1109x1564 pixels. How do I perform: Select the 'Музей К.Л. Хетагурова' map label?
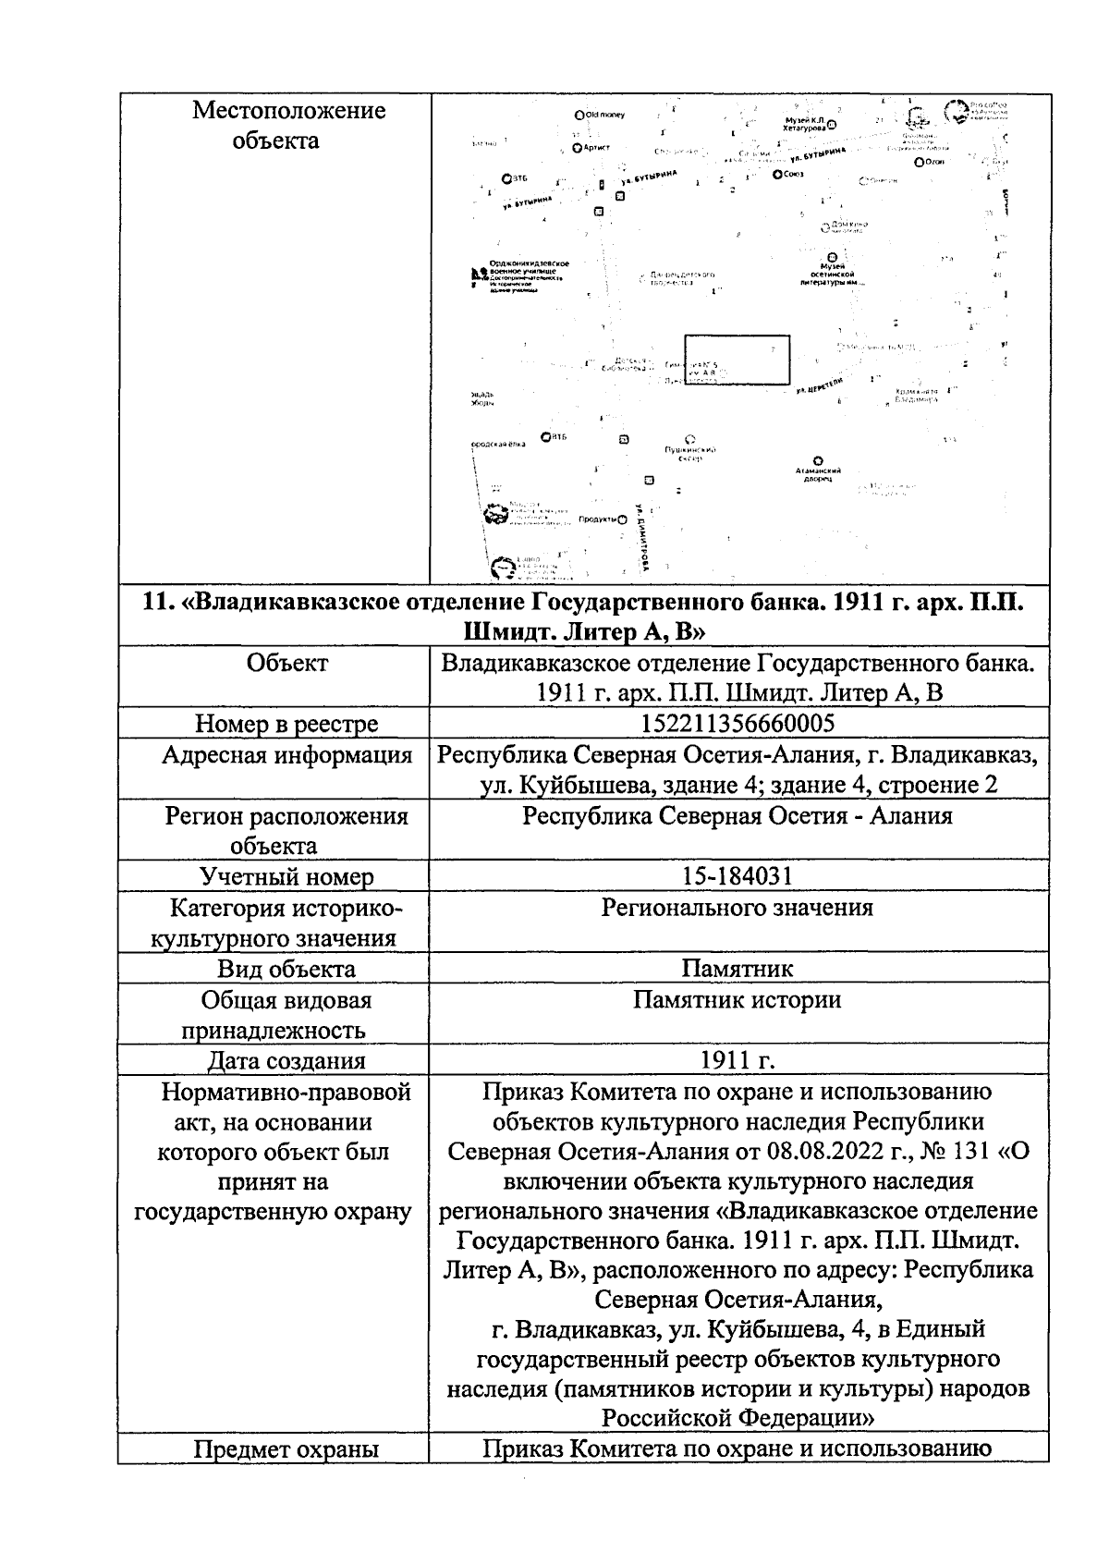[804, 125]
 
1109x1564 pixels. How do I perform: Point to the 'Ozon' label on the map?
[935, 162]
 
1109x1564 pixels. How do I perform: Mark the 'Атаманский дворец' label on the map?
[816, 475]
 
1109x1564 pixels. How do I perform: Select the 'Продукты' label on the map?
[598, 519]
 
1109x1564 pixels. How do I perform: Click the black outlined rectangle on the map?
[737, 360]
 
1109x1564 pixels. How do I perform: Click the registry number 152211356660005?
[737, 723]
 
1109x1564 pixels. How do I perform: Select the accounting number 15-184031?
[737, 876]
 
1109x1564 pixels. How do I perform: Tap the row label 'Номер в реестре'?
[286, 724]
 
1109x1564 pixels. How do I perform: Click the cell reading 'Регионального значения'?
[737, 908]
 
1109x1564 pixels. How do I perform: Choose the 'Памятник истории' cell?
[737, 1000]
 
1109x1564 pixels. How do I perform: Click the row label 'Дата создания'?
[286, 1061]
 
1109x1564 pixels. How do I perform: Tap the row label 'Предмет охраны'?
[286, 1449]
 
